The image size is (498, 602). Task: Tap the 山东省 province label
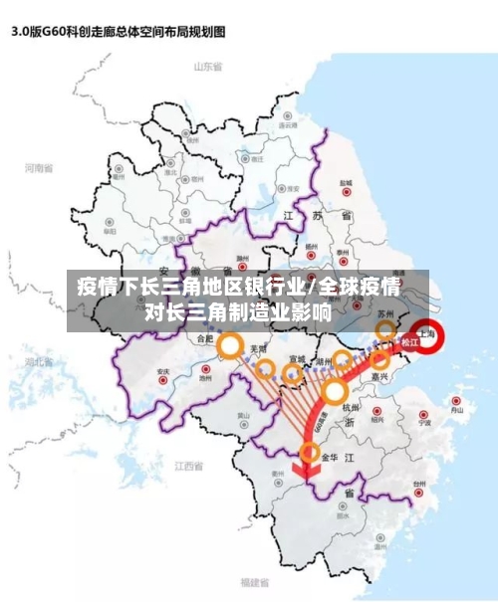pyautogui.click(x=207, y=67)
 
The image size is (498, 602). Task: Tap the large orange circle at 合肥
pyautogui.click(x=231, y=346)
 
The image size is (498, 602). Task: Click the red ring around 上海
pyautogui.click(x=429, y=337)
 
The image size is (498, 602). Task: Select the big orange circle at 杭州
pyautogui.click(x=333, y=390)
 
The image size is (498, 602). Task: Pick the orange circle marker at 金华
pyautogui.click(x=310, y=453)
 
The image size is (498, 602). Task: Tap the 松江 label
pyautogui.click(x=409, y=342)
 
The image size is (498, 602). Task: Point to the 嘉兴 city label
pyautogui.click(x=378, y=377)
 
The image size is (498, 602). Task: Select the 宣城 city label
pyautogui.click(x=297, y=359)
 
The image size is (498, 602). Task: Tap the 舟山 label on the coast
pyautogui.click(x=456, y=409)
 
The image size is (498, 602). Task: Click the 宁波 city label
pyautogui.click(x=424, y=421)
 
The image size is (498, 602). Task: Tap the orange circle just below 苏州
pyautogui.click(x=385, y=330)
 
